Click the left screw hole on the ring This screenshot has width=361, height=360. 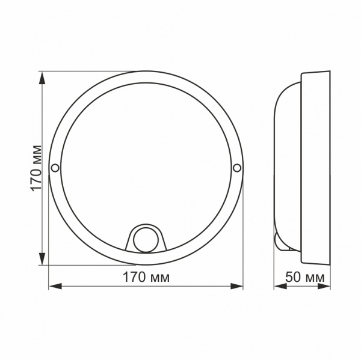[55, 168]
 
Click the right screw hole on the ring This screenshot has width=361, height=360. [237, 168]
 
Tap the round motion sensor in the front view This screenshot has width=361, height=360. [146, 240]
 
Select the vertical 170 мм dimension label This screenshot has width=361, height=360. [36, 168]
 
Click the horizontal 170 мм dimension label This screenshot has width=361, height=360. [146, 277]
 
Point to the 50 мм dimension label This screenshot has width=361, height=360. [305, 277]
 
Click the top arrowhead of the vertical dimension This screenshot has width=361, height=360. [42, 78]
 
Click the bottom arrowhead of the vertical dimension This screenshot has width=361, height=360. [42, 258]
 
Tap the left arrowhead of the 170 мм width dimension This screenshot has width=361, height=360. [55, 287]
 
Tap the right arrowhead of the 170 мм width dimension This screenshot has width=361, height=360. [236, 287]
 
